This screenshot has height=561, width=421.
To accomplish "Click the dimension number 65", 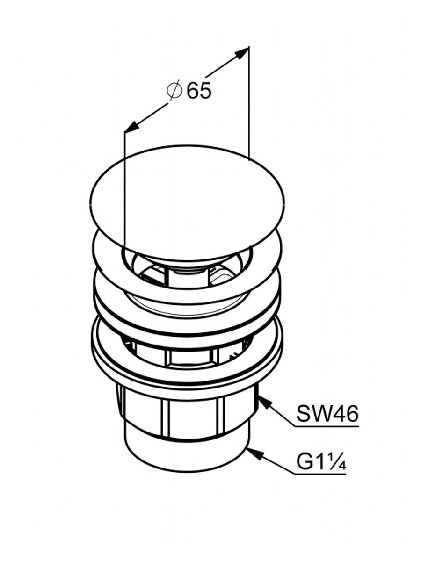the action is pyautogui.click(x=199, y=91).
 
